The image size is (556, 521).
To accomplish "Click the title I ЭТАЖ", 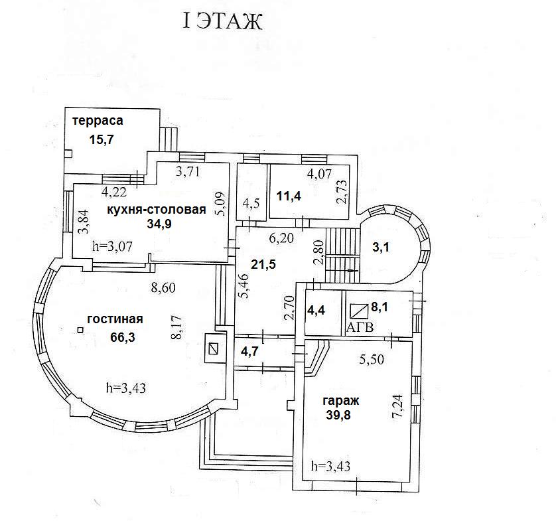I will pyautogui.click(x=223, y=22).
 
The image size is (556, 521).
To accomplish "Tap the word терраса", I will pyautogui.click(x=98, y=121).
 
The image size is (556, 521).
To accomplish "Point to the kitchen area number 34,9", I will pyautogui.click(x=160, y=223).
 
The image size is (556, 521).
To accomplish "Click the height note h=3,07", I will pyautogui.click(x=112, y=246).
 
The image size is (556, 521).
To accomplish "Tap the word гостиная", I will pyautogui.click(x=115, y=319).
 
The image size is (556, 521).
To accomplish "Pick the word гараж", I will pyautogui.click(x=341, y=401).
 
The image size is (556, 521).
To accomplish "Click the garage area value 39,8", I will pyautogui.click(x=339, y=415).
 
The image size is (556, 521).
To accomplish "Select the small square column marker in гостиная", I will pyautogui.click(x=80, y=330).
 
